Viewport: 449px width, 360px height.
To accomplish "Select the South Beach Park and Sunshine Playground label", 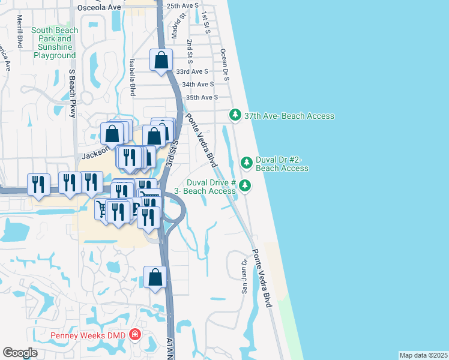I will point(54,43).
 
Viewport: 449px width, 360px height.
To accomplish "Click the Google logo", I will point(20,352).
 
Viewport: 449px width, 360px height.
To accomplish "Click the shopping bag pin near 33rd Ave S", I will point(161,60).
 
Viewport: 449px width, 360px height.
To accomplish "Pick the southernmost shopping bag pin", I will point(155,278).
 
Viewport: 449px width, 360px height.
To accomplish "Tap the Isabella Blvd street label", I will point(132,77).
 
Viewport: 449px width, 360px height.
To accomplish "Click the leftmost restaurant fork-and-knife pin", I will point(39,185).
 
